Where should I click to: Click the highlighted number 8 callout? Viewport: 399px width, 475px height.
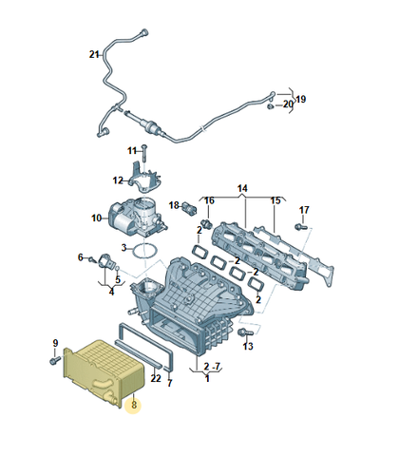[x=135, y=405]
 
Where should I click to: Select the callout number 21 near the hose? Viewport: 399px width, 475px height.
[x=94, y=54]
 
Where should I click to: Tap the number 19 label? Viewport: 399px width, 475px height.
[x=301, y=100]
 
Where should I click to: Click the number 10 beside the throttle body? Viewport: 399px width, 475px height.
[x=95, y=218]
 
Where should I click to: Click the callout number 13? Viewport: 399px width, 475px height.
[x=248, y=347]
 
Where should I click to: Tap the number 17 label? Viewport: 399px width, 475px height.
[x=305, y=210]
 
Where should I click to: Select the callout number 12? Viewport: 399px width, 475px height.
[x=118, y=180]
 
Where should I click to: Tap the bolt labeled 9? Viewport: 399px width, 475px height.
[x=52, y=360]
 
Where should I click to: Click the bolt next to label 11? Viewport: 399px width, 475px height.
[x=145, y=157]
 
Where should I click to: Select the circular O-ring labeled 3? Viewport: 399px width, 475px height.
[x=142, y=252]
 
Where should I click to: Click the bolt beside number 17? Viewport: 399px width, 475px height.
[x=299, y=226]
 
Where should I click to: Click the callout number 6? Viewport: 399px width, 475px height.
[x=80, y=256]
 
